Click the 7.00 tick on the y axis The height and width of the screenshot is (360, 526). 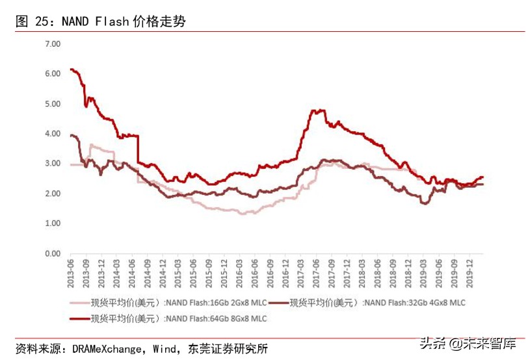pyautogui.click(x=52, y=44)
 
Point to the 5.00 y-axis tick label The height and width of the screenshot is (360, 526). pyautogui.click(x=52, y=104)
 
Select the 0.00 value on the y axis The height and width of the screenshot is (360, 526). pyautogui.click(x=52, y=253)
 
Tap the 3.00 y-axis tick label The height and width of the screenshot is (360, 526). pyautogui.click(x=52, y=164)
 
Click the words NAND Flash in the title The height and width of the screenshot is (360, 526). pyautogui.click(x=94, y=21)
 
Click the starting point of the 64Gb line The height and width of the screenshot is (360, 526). pyautogui.click(x=70, y=69)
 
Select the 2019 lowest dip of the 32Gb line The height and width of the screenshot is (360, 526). pyautogui.click(x=425, y=203)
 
